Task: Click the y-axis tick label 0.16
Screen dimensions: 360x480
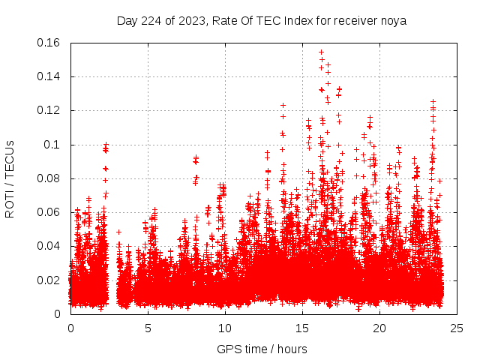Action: point(49,43)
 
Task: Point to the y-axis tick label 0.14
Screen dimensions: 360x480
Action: point(49,76)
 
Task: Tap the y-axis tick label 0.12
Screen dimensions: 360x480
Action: point(49,110)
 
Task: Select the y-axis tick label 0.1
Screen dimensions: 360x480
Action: point(52,145)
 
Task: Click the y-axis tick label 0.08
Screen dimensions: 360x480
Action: point(49,178)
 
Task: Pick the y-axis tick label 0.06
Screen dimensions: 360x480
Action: point(49,212)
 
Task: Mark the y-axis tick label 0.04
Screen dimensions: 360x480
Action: point(49,246)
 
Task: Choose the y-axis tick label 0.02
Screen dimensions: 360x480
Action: point(49,280)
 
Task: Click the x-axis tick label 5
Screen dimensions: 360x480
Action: point(148,328)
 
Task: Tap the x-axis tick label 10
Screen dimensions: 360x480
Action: point(225,328)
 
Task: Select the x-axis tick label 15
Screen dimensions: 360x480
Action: point(302,328)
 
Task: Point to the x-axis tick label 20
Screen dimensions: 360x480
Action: point(379,328)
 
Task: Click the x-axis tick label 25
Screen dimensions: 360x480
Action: point(457,328)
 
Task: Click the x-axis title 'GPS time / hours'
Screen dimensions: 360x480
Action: point(263,349)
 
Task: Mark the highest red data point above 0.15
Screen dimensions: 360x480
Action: point(321,52)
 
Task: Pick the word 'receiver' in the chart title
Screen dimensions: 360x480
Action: point(355,20)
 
